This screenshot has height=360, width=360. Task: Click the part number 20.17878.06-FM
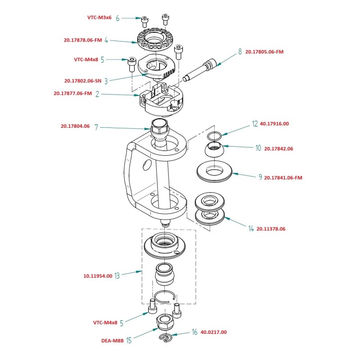(83, 40)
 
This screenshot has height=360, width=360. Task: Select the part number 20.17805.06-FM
(265, 52)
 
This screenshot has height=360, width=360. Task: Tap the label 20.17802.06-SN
(83, 81)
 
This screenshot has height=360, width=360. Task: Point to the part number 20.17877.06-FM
(72, 94)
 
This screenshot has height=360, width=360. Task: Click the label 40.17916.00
(274, 123)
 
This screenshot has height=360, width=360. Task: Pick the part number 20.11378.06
(271, 229)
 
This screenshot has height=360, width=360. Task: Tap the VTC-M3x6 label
(99, 18)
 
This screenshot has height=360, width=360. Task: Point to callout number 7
(96, 127)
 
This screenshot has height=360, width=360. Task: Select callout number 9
(260, 177)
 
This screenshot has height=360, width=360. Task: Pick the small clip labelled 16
(166, 338)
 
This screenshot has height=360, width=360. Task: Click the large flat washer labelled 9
(215, 171)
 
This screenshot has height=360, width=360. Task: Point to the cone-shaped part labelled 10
(214, 149)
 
